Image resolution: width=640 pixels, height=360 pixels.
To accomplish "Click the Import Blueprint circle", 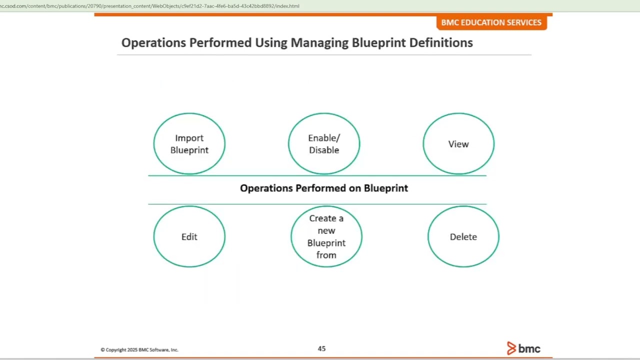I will (x=189, y=144).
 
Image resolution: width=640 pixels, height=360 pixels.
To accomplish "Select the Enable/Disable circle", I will (x=323, y=144).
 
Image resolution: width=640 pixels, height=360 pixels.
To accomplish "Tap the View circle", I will (x=458, y=144).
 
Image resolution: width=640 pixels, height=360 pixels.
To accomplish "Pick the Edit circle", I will (x=189, y=236).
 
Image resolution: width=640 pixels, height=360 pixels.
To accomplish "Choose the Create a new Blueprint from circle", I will (x=326, y=236).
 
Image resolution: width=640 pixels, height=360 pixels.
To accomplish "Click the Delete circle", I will (x=463, y=236).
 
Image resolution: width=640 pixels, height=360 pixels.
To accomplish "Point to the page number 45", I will (x=321, y=348).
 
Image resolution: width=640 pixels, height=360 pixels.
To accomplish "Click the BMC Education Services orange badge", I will (x=491, y=22).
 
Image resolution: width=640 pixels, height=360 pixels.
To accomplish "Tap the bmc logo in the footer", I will (x=523, y=348).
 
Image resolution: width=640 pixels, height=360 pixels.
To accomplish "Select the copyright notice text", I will (x=139, y=350).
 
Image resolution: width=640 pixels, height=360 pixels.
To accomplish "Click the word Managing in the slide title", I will (x=319, y=43).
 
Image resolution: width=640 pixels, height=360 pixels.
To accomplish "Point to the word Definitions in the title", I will (x=441, y=43).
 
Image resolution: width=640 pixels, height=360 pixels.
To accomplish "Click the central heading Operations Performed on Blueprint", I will (x=324, y=188).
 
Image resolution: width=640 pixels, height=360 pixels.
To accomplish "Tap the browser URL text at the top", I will (x=150, y=6).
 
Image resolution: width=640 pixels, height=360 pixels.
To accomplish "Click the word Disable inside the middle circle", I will (x=323, y=150).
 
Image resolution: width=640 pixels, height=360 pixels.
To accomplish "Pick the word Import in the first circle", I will (x=189, y=138).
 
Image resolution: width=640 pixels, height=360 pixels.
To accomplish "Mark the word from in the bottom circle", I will (x=326, y=255).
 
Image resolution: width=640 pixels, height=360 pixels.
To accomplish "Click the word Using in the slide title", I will (x=271, y=43).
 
